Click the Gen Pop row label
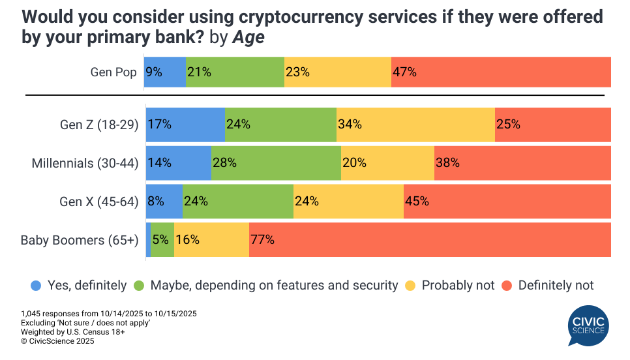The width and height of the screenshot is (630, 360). [113, 72]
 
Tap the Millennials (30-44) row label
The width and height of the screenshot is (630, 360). [85, 163]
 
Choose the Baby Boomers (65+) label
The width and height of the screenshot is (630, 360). [80, 240]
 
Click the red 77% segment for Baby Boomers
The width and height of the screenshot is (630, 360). [430, 240]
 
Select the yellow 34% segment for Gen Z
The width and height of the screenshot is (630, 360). [415, 125]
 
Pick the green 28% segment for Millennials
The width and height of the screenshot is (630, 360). [276, 163]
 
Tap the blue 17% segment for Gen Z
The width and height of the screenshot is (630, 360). [185, 125]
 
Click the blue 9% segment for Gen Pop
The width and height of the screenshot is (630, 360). [166, 72]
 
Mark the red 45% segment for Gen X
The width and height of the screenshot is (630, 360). [507, 202]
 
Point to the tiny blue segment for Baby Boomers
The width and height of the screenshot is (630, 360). [148, 240]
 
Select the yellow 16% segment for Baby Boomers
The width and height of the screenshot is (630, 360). [211, 240]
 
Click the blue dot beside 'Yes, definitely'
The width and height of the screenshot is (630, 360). [35, 285]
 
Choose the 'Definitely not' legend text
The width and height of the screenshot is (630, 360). [556, 285]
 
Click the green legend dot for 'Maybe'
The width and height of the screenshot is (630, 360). [139, 285]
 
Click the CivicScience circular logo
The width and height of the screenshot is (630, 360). [589, 329]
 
